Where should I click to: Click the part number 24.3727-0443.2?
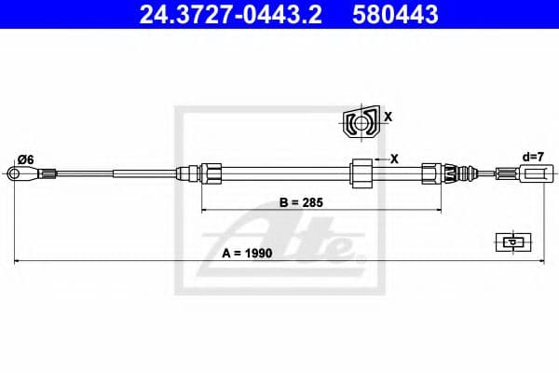click(231, 14)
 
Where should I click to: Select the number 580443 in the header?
click(395, 14)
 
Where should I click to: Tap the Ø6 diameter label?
click(26, 159)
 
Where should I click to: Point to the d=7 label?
click(533, 157)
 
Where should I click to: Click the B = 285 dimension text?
click(301, 202)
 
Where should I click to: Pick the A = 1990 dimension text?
click(247, 253)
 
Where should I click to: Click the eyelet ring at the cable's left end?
click(14, 173)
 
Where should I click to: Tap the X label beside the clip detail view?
click(388, 117)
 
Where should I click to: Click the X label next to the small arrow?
click(394, 159)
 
